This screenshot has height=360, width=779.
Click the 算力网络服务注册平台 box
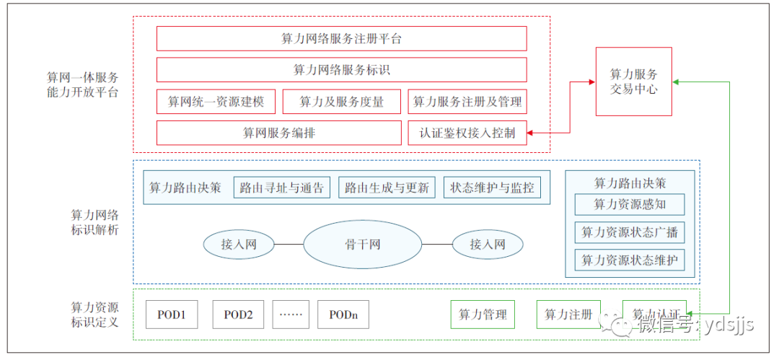tap(341, 39)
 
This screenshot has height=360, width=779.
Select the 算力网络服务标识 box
tap(341, 70)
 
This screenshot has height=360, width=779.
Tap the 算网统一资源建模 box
tap(216, 102)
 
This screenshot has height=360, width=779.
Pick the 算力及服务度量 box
tap(342, 102)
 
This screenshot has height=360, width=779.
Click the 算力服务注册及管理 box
tap(467, 102)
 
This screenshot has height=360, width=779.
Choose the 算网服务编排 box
tap(278, 133)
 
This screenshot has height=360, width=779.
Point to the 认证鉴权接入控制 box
tap(467, 133)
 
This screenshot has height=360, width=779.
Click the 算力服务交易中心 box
tap(633, 82)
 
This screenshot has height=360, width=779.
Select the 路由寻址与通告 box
tap(282, 188)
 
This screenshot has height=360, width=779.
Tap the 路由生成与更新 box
tap(387, 188)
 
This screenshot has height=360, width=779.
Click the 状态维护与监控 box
tap(492, 188)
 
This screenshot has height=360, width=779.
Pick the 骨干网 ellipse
tap(362, 245)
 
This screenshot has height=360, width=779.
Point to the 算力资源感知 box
tap(630, 204)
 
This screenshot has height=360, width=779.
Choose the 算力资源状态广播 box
tap(630, 232)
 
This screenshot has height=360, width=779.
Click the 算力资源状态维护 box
tap(630, 260)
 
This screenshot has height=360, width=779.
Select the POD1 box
tap(172, 315)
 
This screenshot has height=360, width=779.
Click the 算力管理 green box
tap(483, 315)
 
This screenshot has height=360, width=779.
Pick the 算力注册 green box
tap(568, 315)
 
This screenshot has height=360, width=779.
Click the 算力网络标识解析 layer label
tap(94, 222)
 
